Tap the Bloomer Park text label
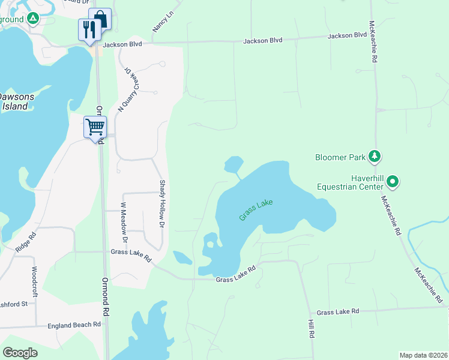point(340,158)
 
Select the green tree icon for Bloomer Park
point(375,157)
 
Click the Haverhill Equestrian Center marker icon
point(393,180)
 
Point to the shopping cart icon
point(95,127)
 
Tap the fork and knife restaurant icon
point(89,29)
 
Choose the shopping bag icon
point(100,19)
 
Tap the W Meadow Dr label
point(125,223)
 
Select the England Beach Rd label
point(74,325)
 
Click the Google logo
point(20,353)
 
